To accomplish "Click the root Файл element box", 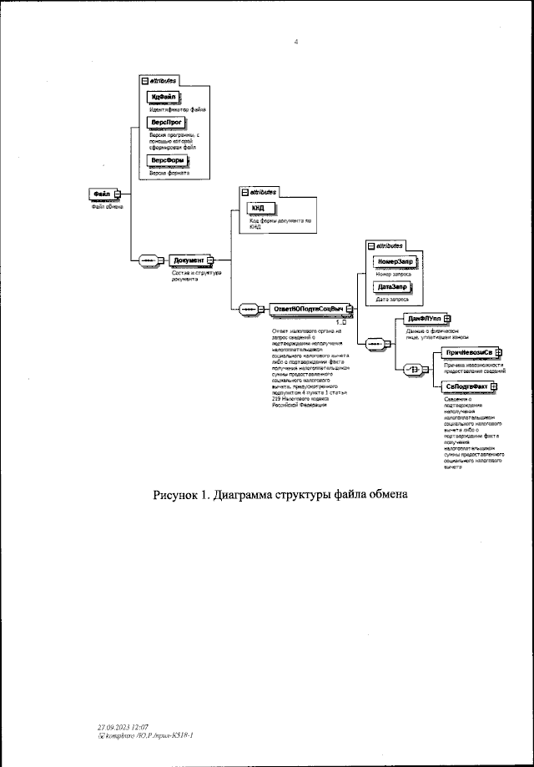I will pyautogui.click(x=103, y=194).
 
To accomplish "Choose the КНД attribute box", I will pyautogui.click(x=259, y=209).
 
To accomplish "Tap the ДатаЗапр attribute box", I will pyautogui.click(x=392, y=286).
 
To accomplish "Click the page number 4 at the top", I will pyautogui.click(x=296, y=42).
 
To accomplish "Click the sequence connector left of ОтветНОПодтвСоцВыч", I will pyautogui.click(x=248, y=310).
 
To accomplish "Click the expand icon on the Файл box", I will pyautogui.click(x=118, y=194).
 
